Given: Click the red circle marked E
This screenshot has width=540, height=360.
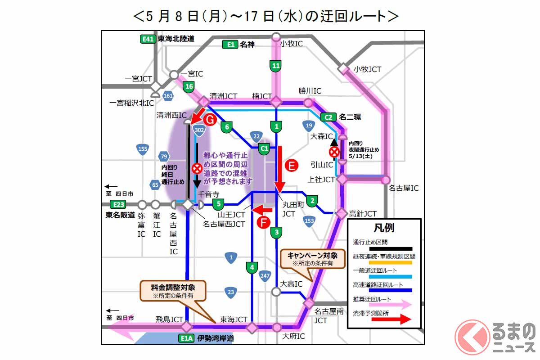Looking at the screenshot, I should pyautogui.click(x=291, y=166).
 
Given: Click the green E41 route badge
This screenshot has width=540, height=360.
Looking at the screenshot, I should pyautogui.click(x=148, y=39).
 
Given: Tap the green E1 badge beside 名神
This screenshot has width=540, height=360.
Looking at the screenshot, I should pyautogui.click(x=230, y=44).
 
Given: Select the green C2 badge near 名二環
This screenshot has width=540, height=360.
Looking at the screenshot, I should pyautogui.click(x=328, y=117).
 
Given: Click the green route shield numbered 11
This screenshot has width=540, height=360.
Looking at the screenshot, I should pyautogui.click(x=276, y=66).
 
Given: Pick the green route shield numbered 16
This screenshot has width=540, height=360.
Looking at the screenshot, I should pyautogui.click(x=189, y=86).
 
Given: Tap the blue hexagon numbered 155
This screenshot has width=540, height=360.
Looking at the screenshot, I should pyautogui.click(x=143, y=149).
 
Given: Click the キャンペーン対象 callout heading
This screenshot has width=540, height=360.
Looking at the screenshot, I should pyautogui.click(x=312, y=255).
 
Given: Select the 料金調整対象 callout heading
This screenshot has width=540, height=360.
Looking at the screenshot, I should pyautogui.click(x=173, y=287).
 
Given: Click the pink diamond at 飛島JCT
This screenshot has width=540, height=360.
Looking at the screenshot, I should pyautogui.click(x=187, y=327).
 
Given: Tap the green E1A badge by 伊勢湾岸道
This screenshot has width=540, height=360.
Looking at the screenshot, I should pyautogui.click(x=186, y=338).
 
